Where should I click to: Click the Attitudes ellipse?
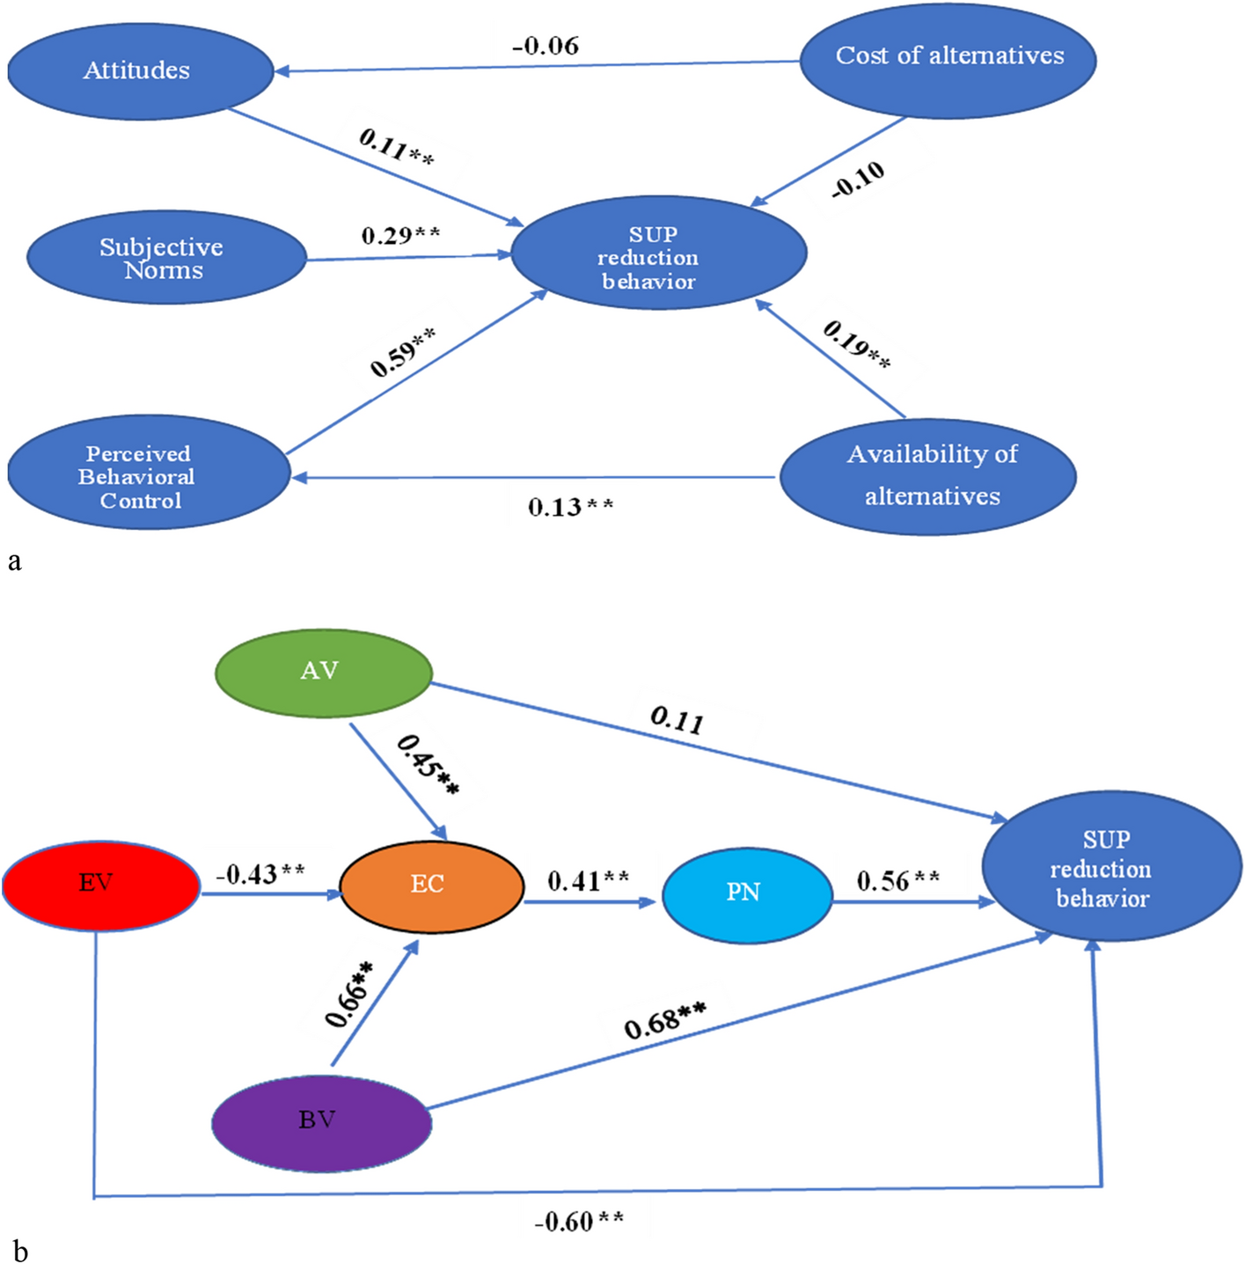point(139,71)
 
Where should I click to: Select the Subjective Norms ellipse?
point(165,258)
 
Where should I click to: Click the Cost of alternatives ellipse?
point(948,59)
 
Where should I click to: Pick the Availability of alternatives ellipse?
point(928,476)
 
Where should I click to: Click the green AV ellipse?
point(323,672)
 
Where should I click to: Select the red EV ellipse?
point(100,885)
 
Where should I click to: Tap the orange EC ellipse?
point(431,886)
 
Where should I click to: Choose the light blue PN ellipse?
point(746,894)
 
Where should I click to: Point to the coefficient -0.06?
point(546,46)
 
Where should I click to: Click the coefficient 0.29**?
point(400,236)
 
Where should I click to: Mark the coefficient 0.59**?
point(402,352)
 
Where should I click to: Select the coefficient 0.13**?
point(570,508)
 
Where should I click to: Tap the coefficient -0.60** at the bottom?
point(579,1222)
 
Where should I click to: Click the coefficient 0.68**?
point(664,1021)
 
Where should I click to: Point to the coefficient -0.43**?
point(260,874)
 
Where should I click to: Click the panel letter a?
point(14,561)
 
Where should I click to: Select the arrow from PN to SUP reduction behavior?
point(911,902)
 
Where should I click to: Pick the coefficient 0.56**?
point(897,880)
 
